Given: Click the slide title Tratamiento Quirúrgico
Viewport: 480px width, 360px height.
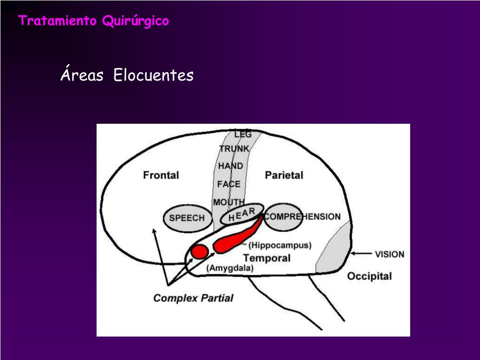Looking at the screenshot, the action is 94,21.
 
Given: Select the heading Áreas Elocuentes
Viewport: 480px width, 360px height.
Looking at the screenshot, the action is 127,75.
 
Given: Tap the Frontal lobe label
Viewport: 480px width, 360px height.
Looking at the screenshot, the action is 161,175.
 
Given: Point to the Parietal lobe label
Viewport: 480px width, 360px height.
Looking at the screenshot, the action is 284,175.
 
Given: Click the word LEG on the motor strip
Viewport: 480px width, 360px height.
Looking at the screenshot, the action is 243,134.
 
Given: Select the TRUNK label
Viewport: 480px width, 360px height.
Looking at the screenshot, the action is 234,149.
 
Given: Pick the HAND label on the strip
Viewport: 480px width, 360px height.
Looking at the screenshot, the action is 231,166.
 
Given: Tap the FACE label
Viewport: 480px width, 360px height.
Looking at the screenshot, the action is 229,184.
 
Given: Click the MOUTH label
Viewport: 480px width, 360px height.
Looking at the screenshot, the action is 229,202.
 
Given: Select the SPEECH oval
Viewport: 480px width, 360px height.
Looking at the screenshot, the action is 187,218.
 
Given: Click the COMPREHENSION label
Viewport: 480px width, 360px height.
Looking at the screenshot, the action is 302,217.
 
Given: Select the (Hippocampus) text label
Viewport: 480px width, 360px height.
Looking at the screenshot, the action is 280,245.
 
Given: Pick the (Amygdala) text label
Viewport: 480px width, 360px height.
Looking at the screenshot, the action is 230,268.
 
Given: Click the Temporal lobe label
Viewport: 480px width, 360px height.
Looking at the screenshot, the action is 267,258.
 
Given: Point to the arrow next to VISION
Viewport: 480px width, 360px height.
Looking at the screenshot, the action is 361,254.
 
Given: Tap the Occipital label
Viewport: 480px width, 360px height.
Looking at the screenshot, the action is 369,276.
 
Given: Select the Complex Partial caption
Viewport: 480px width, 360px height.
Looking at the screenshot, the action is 193,298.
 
